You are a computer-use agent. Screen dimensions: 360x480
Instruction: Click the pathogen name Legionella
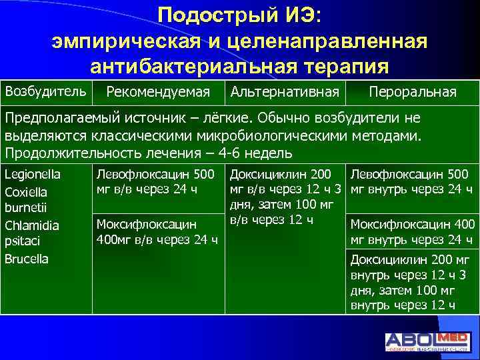pos(33,175)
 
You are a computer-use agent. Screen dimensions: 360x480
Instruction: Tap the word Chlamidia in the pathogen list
pos(31,225)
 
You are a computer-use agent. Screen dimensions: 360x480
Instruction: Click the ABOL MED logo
pos(427,341)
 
